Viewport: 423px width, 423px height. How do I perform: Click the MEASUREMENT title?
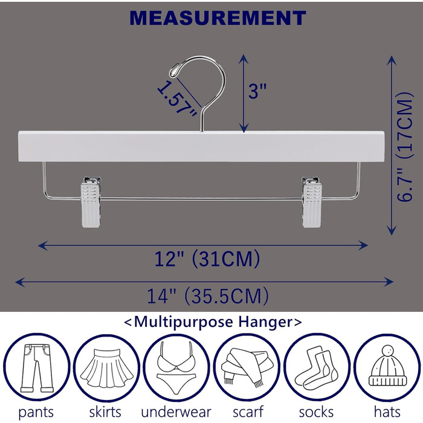coord(218,18)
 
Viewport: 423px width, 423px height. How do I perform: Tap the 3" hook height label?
coord(257,91)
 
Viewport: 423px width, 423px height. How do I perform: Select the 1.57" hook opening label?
coord(176,100)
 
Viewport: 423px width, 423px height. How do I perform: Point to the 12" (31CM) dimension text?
coord(207,259)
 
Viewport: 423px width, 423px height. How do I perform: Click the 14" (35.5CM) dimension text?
coord(208,296)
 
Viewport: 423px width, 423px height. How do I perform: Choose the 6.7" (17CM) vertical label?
coord(405,147)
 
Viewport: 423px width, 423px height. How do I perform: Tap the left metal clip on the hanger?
coord(91,201)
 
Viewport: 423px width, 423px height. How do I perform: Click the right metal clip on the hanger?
coord(312,201)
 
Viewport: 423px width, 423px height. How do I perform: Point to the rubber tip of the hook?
coord(174,71)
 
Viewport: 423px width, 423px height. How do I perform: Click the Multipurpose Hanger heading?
coord(213,322)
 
